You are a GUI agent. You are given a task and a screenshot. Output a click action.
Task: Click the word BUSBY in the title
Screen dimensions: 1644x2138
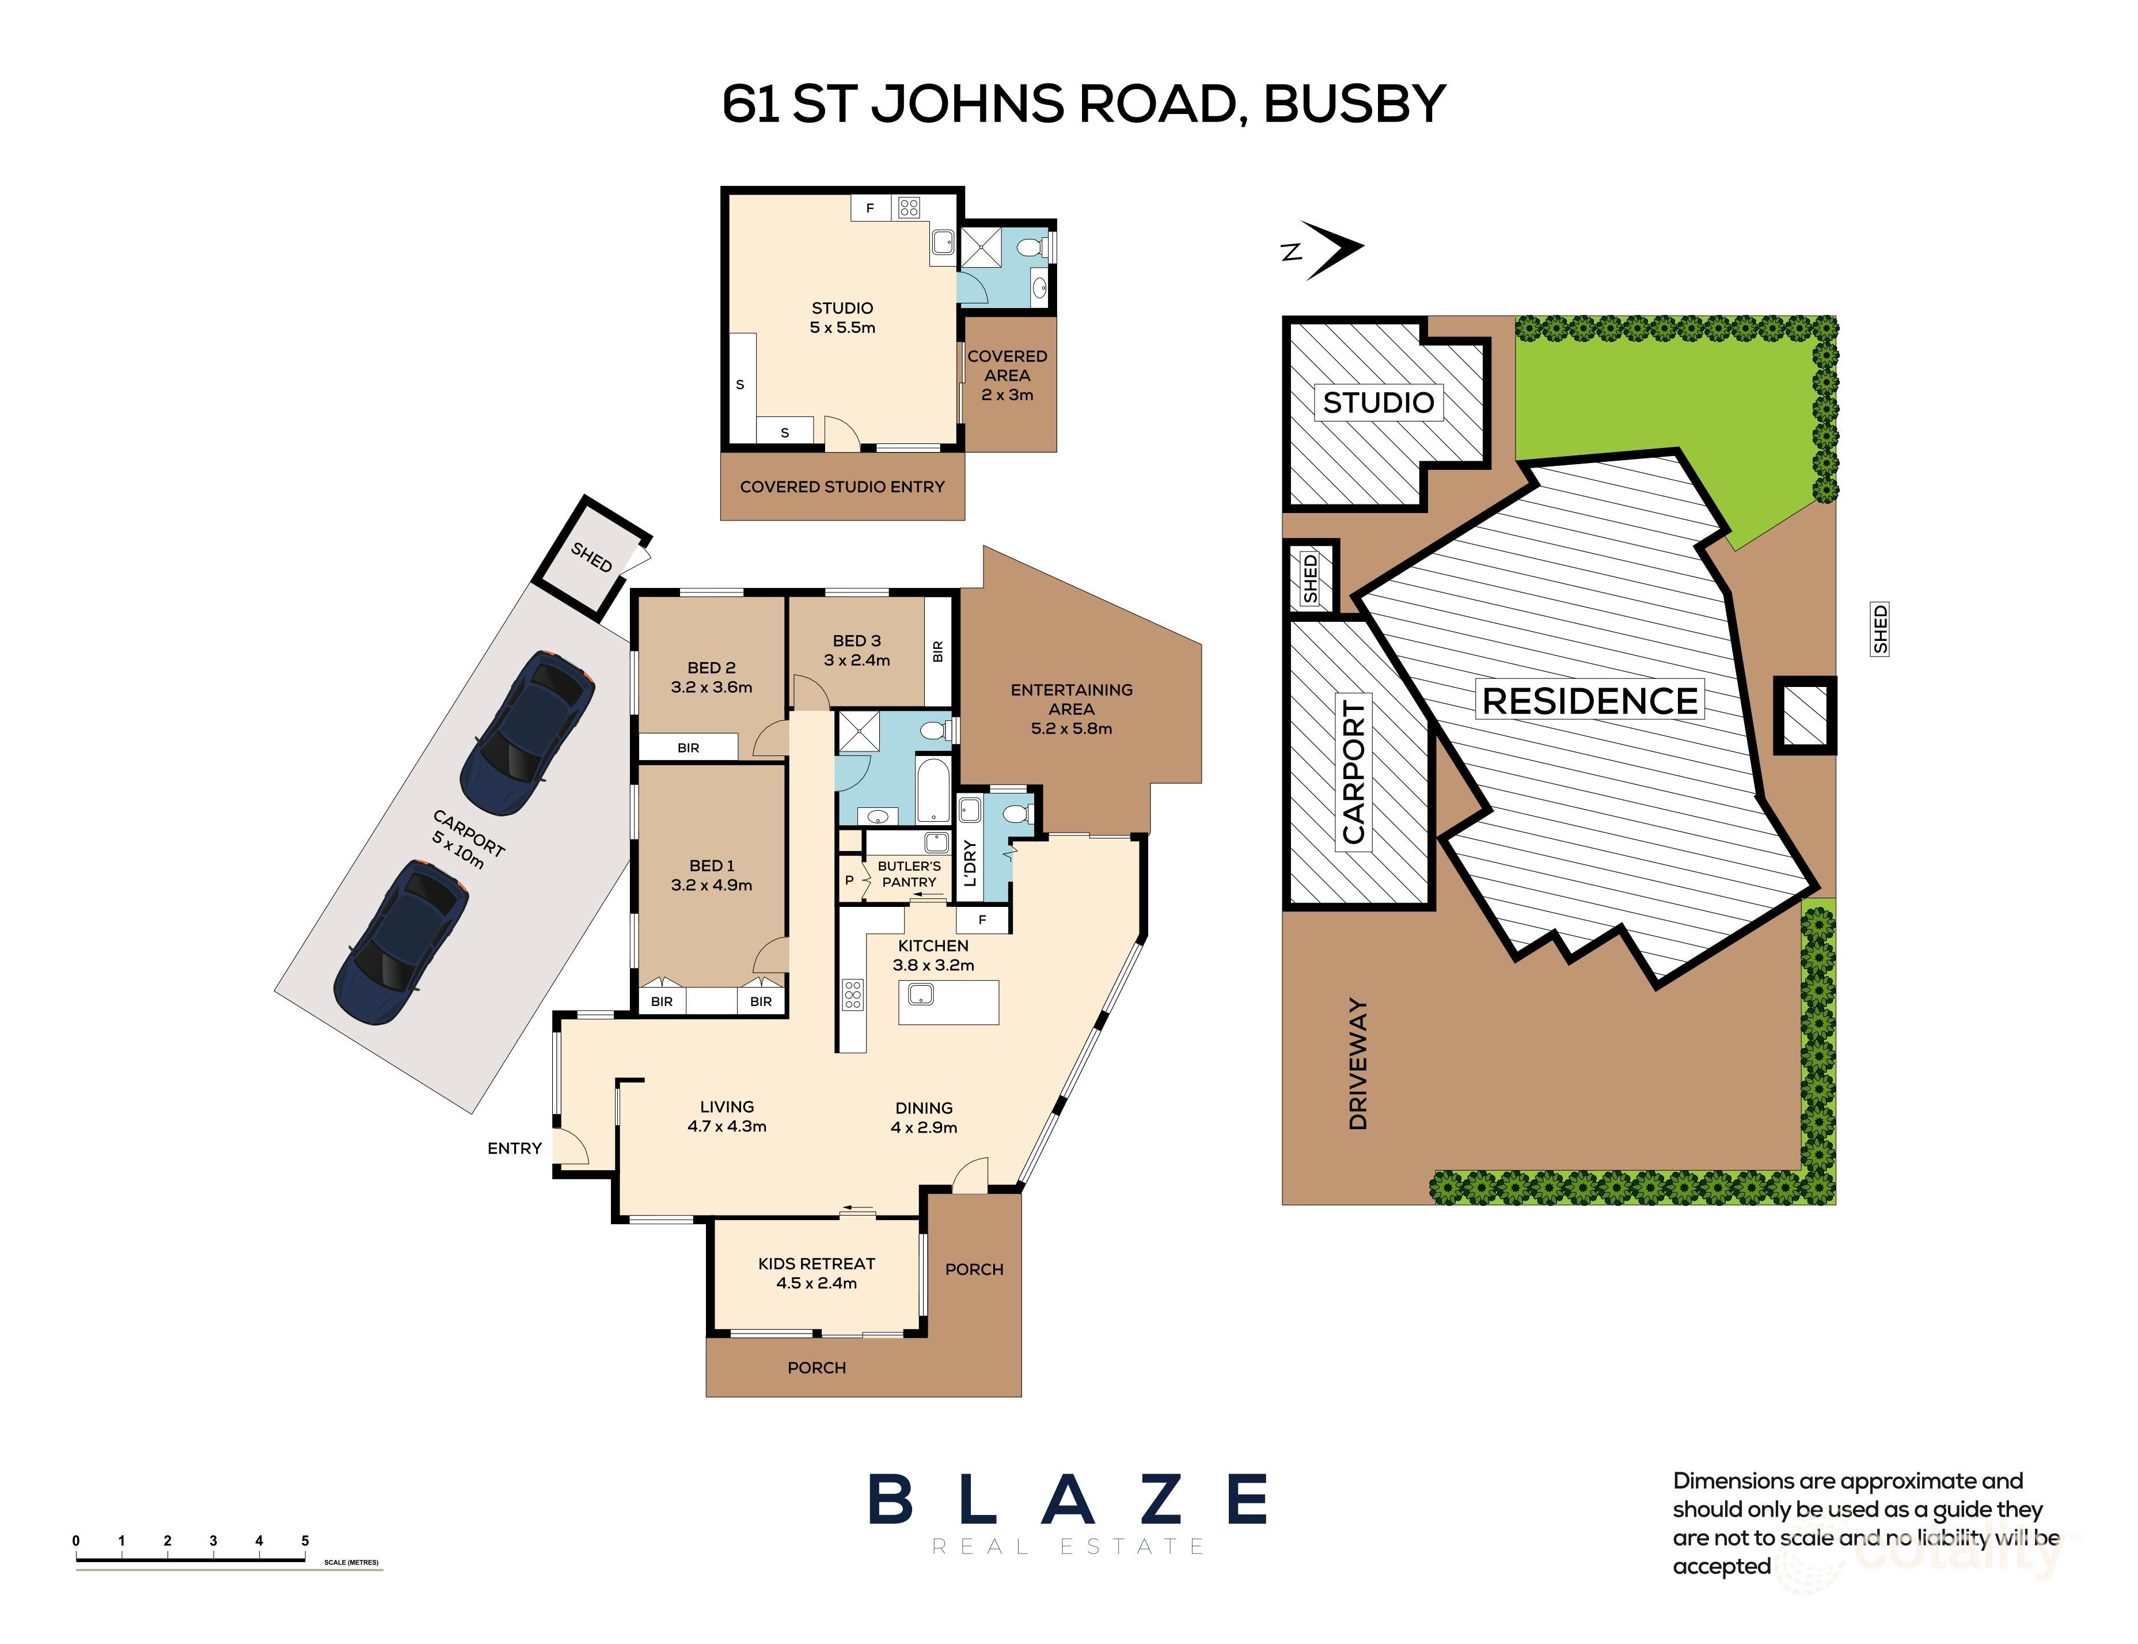(1353, 104)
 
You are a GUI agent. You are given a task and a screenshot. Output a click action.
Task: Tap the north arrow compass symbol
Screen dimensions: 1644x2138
(1323, 250)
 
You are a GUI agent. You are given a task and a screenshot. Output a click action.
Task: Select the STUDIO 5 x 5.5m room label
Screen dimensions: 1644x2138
(841, 317)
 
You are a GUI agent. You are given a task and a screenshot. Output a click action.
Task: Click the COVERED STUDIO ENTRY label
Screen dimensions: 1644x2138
(841, 487)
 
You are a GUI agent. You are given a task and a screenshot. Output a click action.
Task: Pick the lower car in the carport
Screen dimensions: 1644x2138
(402, 941)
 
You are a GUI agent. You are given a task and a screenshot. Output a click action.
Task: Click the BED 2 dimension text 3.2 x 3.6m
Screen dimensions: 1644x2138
(711, 687)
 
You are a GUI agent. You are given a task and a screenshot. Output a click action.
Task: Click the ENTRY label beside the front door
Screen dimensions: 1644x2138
(514, 1148)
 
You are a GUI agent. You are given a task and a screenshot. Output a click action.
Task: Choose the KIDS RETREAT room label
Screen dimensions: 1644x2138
(816, 1263)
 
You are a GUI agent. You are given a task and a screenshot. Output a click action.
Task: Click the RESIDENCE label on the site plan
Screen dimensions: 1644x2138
(1589, 701)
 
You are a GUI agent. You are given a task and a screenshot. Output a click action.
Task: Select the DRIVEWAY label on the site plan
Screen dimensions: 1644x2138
(1357, 1064)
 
